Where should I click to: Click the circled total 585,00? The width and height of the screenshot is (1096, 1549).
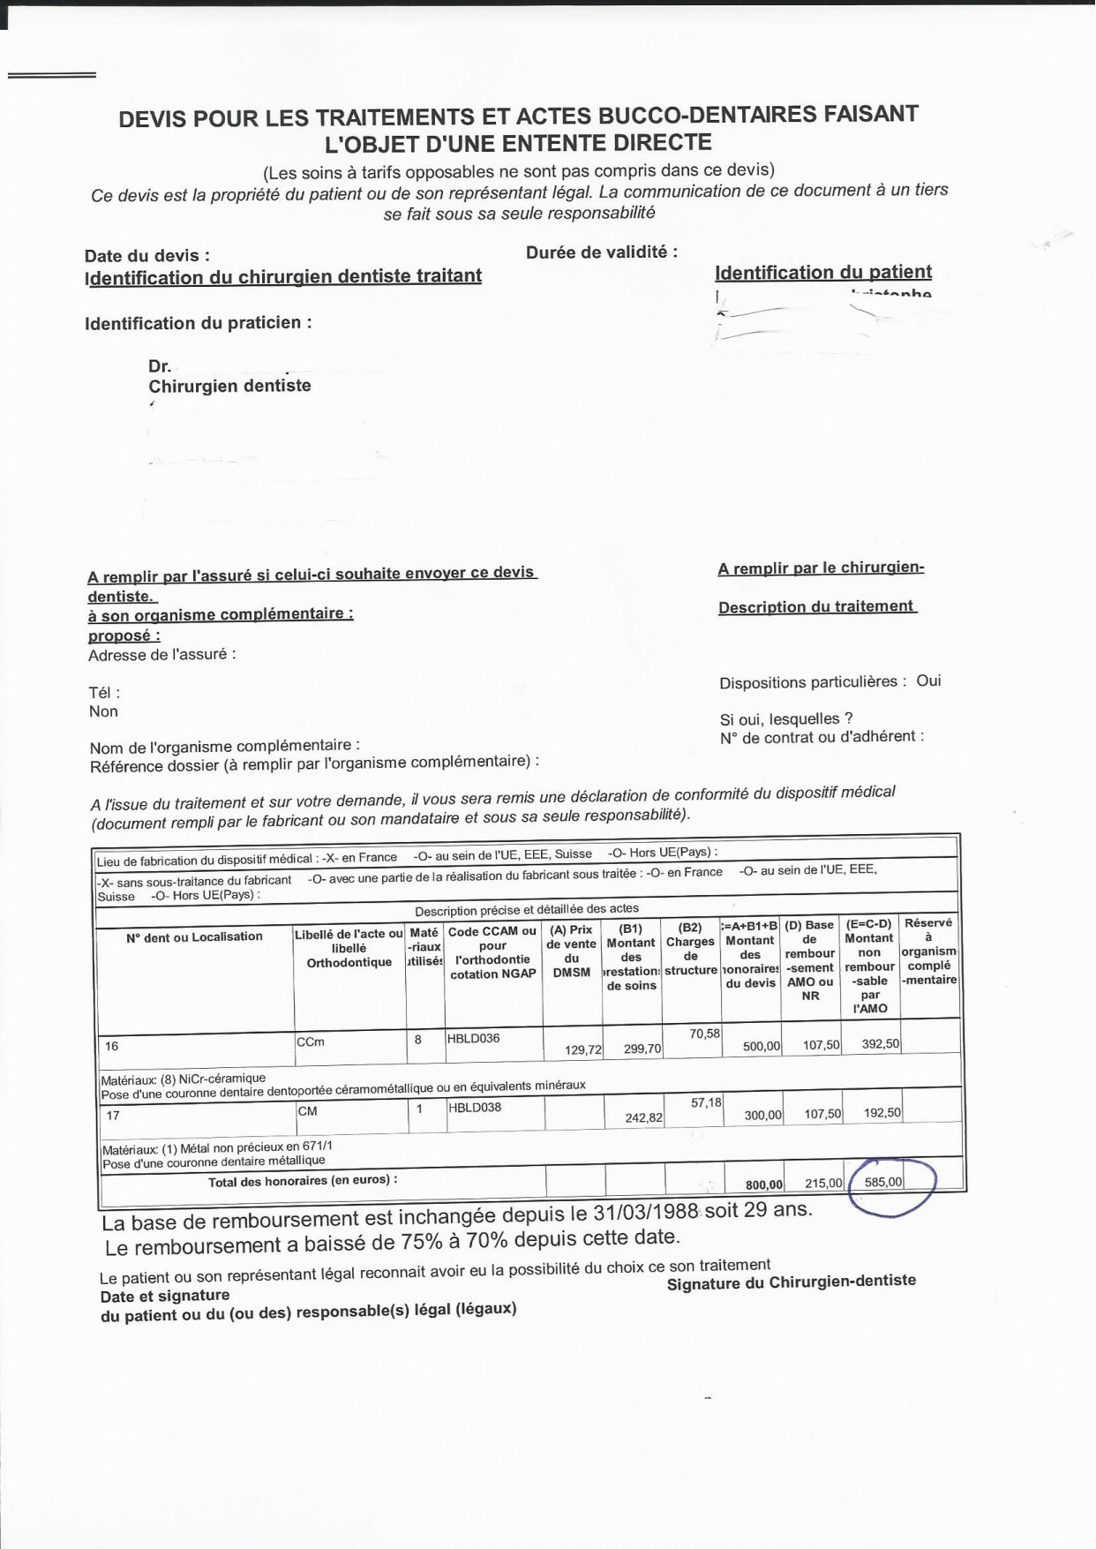click(883, 1182)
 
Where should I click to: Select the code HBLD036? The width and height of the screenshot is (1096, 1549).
click(473, 1038)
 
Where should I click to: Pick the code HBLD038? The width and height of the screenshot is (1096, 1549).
click(474, 1107)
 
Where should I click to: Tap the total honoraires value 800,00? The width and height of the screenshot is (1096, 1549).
click(763, 1184)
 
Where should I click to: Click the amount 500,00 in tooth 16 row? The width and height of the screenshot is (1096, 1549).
click(761, 1046)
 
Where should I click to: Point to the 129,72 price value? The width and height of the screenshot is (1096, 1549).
click(583, 1049)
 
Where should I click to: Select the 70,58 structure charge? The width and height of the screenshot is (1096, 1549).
click(704, 1033)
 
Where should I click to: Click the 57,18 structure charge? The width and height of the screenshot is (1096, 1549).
click(706, 1102)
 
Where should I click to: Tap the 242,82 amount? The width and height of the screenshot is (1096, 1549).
click(643, 1117)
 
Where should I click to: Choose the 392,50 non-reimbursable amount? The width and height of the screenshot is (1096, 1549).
click(880, 1043)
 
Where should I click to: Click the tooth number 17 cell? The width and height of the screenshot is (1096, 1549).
click(113, 1116)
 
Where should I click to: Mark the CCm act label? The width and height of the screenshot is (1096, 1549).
click(311, 1041)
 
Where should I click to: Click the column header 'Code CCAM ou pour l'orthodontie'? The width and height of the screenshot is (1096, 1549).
click(492, 952)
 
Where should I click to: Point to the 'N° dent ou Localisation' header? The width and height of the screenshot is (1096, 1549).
click(194, 936)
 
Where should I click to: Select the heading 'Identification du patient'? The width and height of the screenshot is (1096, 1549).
click(822, 272)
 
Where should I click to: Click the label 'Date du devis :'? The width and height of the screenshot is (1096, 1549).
click(147, 256)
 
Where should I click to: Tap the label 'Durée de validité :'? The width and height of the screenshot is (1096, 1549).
click(602, 252)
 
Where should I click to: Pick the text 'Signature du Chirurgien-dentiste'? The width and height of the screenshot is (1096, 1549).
click(791, 1282)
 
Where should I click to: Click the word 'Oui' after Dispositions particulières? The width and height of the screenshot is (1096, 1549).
click(928, 681)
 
